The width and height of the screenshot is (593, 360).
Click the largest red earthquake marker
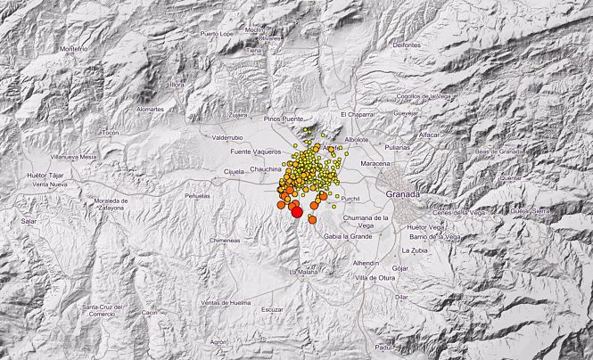pos(297,212)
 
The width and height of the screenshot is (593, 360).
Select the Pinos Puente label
pos(284,118)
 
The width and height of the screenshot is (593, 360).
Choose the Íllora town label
pos(177,85)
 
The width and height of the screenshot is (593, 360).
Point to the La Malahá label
pos(304,272)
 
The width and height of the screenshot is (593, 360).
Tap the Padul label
pos(383,348)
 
